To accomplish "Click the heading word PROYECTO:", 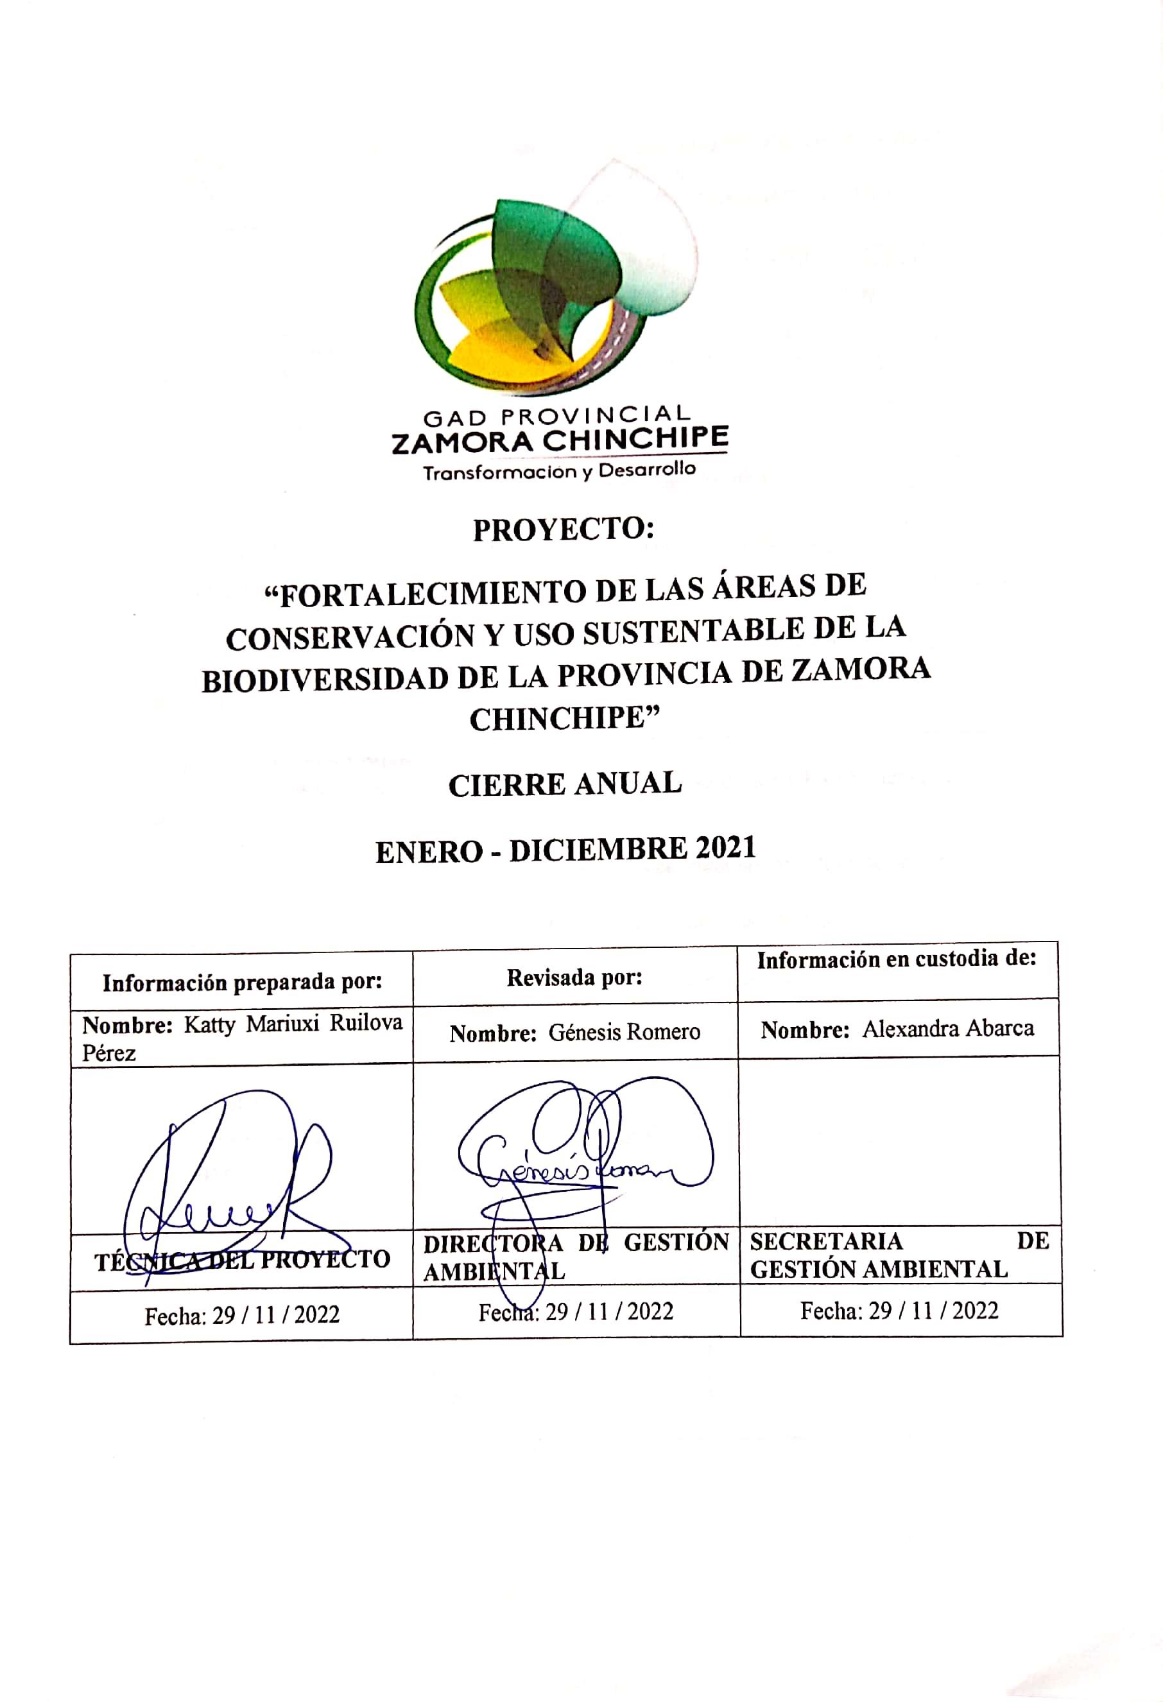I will (562, 529).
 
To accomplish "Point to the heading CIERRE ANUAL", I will (565, 785).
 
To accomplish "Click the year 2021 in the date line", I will (725, 848).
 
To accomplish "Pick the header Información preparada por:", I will (242, 983).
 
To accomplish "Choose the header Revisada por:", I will (574, 977).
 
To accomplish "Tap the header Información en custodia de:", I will (897, 959).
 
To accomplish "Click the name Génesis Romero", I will (624, 1032).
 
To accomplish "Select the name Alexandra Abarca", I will (948, 1028).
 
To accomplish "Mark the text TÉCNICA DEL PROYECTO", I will (242, 1260).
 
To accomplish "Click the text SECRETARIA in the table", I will (826, 1241).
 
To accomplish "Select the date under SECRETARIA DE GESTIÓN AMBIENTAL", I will (899, 1310).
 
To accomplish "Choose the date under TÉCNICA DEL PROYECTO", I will (242, 1315).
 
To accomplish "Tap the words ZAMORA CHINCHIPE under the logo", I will (560, 441).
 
